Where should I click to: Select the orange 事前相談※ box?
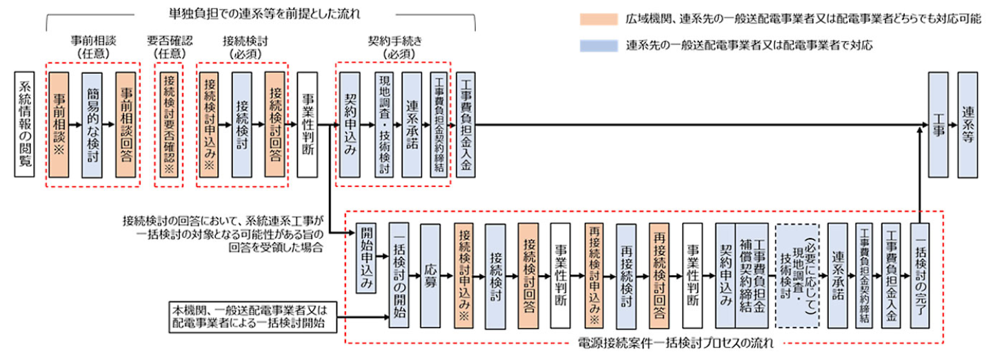coord(59,125)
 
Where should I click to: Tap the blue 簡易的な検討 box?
coord(93,125)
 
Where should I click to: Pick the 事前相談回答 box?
coord(127,125)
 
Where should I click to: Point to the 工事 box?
coord(938,125)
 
